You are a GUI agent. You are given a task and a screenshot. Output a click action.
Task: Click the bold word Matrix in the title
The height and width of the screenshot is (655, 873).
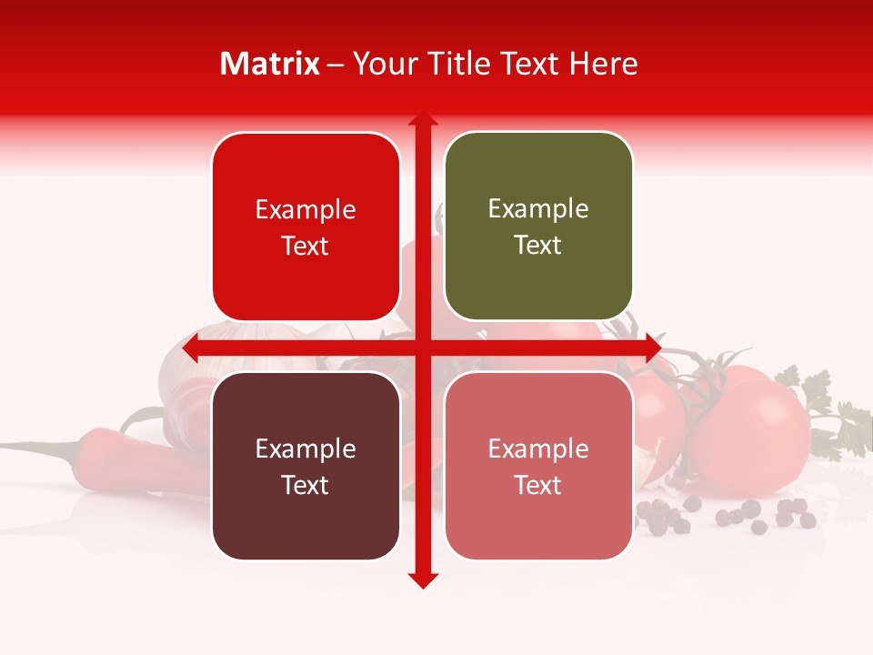pos(270,64)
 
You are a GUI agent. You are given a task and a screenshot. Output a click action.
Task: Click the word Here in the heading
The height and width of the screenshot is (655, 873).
pos(603,64)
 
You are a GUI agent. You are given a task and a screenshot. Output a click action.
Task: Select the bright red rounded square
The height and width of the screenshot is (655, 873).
pos(306,227)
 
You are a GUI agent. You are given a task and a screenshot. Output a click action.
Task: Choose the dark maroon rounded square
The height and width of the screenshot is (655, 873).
pos(306,466)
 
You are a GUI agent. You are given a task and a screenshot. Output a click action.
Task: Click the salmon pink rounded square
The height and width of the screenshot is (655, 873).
pos(538,466)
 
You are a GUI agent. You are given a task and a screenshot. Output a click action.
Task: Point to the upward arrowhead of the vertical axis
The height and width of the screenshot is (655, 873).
pos(423,119)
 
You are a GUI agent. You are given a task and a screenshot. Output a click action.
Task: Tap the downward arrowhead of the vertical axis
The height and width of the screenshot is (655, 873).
pos(423,579)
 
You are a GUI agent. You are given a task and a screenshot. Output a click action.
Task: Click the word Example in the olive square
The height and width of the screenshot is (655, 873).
pos(538,208)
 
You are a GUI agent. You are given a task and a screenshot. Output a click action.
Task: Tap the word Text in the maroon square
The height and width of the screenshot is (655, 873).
pos(306,485)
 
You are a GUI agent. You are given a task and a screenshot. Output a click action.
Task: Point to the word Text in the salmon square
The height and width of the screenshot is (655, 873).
pos(538,485)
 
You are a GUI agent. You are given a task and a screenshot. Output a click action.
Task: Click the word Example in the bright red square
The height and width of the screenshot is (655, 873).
pos(306,209)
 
